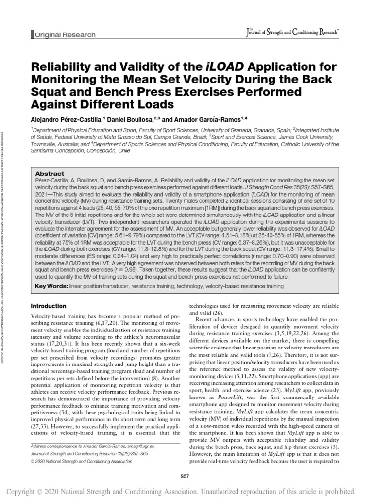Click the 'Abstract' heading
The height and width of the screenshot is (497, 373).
[50, 173]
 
